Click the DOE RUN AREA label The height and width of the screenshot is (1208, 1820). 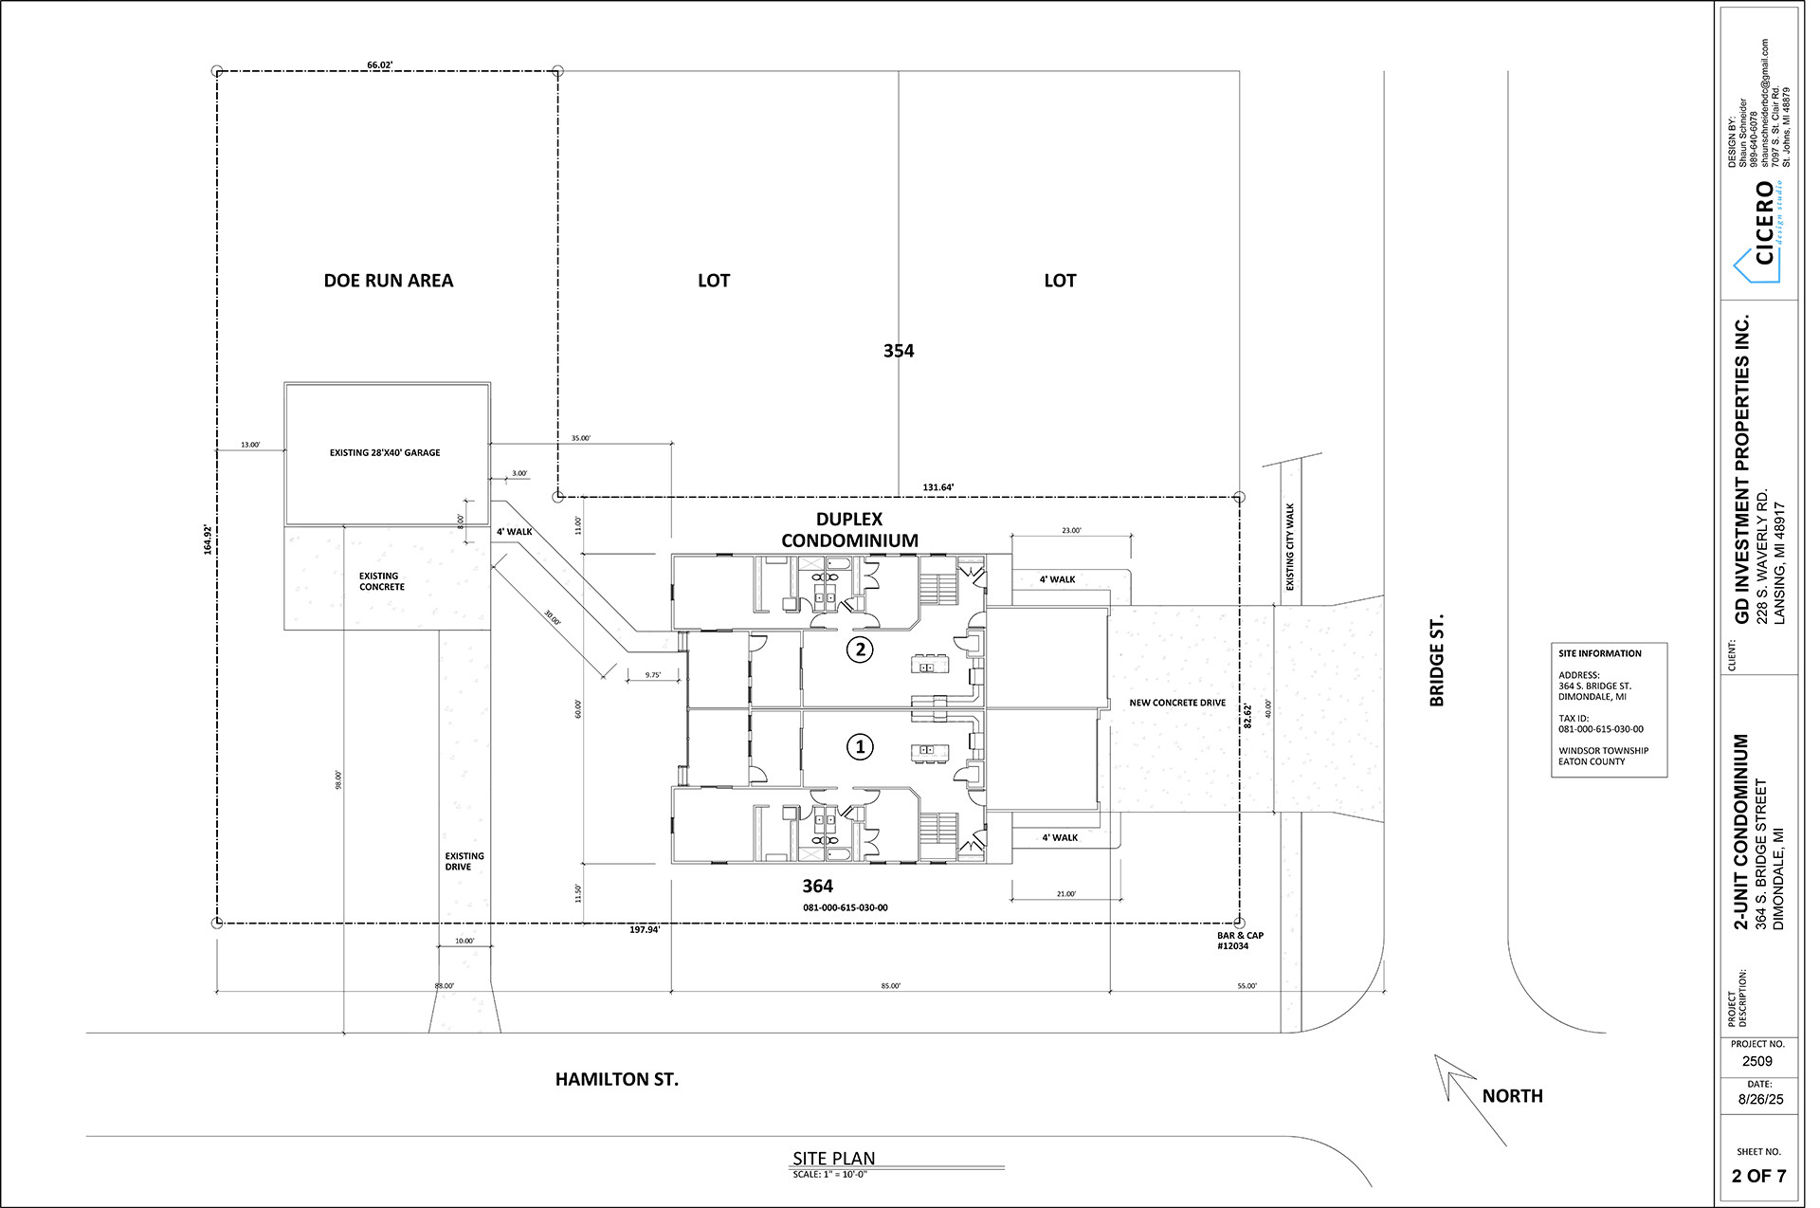(389, 281)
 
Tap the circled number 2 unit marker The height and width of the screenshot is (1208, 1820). (860, 650)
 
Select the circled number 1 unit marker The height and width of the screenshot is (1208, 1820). (860, 747)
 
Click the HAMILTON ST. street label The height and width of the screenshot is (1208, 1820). (617, 1079)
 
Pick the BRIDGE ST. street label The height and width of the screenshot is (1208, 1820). (1437, 661)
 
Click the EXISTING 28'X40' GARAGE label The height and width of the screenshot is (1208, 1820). (385, 453)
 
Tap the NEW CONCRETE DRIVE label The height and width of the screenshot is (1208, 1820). (1177, 704)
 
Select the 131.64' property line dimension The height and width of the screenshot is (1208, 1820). (938, 487)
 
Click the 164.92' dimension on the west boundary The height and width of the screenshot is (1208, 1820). (208, 539)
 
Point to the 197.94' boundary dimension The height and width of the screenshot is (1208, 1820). (645, 930)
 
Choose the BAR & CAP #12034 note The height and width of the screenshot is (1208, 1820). (1240, 941)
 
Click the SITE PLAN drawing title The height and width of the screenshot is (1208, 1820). (834, 1159)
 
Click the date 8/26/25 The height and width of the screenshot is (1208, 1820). (1760, 1100)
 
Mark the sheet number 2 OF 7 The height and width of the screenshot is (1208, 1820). (1758, 1177)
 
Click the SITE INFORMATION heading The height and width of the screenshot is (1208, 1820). (1600, 653)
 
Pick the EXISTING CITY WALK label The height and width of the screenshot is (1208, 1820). (1290, 548)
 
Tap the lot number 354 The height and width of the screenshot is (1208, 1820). (899, 351)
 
